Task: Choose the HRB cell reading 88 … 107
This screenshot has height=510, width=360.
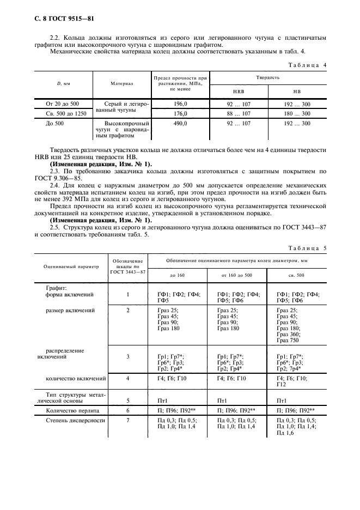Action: [238, 114]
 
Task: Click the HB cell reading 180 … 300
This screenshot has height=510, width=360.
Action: [297, 114]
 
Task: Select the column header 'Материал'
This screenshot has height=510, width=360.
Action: [122, 84]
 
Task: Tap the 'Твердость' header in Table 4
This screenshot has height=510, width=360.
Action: [268, 77]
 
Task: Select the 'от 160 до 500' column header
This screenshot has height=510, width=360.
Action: [237, 275]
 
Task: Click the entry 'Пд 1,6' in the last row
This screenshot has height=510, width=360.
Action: [285, 433]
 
